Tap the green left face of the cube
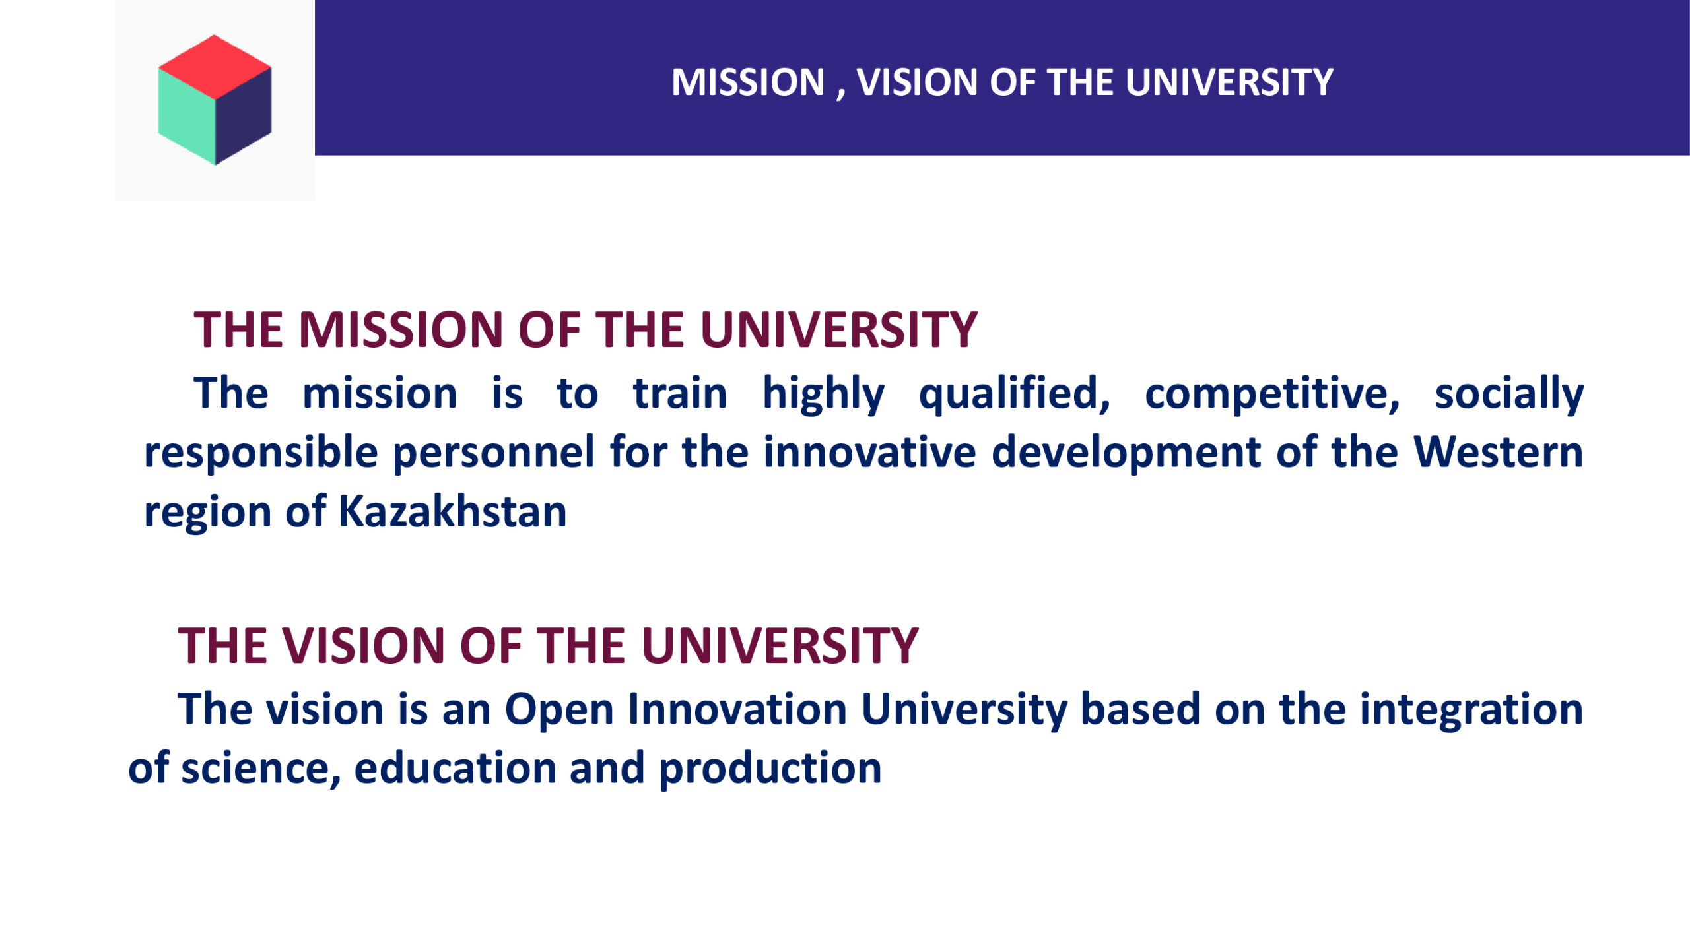click(x=187, y=116)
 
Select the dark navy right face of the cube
click(x=243, y=116)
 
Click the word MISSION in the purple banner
click(x=748, y=82)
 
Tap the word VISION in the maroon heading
click(x=364, y=645)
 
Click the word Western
click(x=1499, y=452)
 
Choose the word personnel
click(x=494, y=453)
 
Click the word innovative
click(x=869, y=452)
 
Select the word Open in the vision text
click(x=560, y=711)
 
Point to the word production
click(x=770, y=769)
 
